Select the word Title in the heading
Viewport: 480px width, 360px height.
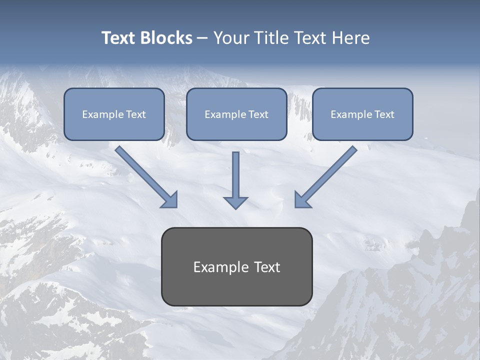[269, 38]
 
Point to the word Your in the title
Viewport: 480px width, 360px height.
[230, 38]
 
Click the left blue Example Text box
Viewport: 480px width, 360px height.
[114, 114]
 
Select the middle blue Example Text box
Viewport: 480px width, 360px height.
[236, 114]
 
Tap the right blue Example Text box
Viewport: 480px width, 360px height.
[362, 114]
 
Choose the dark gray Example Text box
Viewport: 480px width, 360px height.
[236, 266]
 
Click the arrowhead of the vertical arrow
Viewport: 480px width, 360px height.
[235, 202]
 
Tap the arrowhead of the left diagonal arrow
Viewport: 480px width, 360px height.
[170, 200]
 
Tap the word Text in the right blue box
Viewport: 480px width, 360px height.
[384, 114]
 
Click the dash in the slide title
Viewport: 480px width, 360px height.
[202, 38]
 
